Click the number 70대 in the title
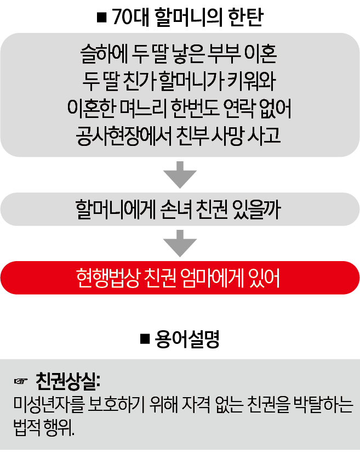coord(130,18)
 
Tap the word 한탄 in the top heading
coord(246,18)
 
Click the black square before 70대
coord(102,18)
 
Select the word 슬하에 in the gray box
coord(104,54)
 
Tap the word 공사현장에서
coord(124,136)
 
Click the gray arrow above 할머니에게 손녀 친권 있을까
coord(180,174)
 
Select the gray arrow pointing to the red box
coord(180,244)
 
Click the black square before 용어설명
coord(145,339)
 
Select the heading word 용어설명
coord(187,339)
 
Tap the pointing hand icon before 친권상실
coord(21,381)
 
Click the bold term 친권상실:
coord(68,381)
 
